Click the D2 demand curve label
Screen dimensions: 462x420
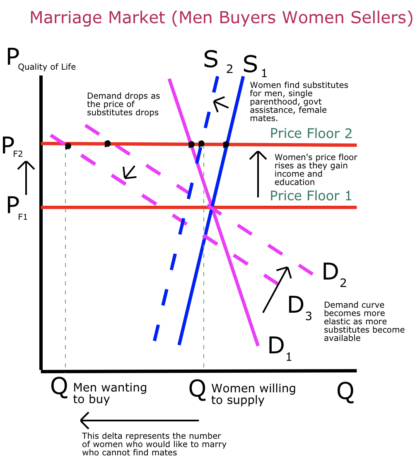(x=333, y=275)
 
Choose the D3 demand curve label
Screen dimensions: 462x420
(x=299, y=307)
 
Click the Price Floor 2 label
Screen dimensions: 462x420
(x=311, y=134)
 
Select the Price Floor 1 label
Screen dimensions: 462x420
(x=311, y=195)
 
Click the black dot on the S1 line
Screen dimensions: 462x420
(x=226, y=145)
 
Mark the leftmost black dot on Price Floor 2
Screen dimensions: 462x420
(x=68, y=146)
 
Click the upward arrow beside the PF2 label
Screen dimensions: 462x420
(x=26, y=178)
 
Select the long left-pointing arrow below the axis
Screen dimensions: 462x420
(x=139, y=421)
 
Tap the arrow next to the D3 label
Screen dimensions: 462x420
(x=276, y=289)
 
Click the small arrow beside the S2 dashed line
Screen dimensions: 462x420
(x=220, y=103)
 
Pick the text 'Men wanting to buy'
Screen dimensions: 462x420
(x=110, y=393)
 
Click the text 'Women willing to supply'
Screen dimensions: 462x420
(x=253, y=394)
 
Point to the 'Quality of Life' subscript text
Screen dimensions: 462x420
(x=47, y=66)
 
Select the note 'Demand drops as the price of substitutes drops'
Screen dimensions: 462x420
(x=123, y=104)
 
